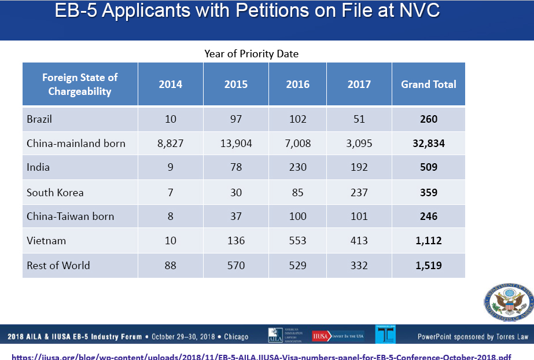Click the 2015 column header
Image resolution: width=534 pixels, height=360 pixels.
(x=236, y=85)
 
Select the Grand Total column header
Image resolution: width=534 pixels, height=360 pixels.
(x=429, y=85)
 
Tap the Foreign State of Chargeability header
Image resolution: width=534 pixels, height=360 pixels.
(x=80, y=85)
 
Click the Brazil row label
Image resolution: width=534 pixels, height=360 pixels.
(x=39, y=119)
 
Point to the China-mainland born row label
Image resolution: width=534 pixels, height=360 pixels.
(x=76, y=144)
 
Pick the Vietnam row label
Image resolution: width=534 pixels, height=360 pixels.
(x=46, y=241)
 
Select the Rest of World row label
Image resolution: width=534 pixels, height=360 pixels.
(x=58, y=266)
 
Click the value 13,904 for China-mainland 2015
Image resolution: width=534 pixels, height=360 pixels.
(x=236, y=144)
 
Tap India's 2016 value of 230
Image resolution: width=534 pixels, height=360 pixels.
(x=298, y=168)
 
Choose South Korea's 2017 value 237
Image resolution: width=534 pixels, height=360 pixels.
(x=359, y=192)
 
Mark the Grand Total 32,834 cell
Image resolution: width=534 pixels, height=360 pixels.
(x=429, y=144)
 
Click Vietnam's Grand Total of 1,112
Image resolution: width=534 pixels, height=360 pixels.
(x=429, y=241)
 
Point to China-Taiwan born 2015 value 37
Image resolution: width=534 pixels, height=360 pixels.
(x=236, y=216)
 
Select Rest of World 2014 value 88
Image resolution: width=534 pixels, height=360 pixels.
(x=171, y=266)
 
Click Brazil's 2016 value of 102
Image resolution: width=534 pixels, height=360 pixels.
(x=298, y=119)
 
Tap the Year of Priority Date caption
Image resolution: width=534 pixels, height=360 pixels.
(x=251, y=54)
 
